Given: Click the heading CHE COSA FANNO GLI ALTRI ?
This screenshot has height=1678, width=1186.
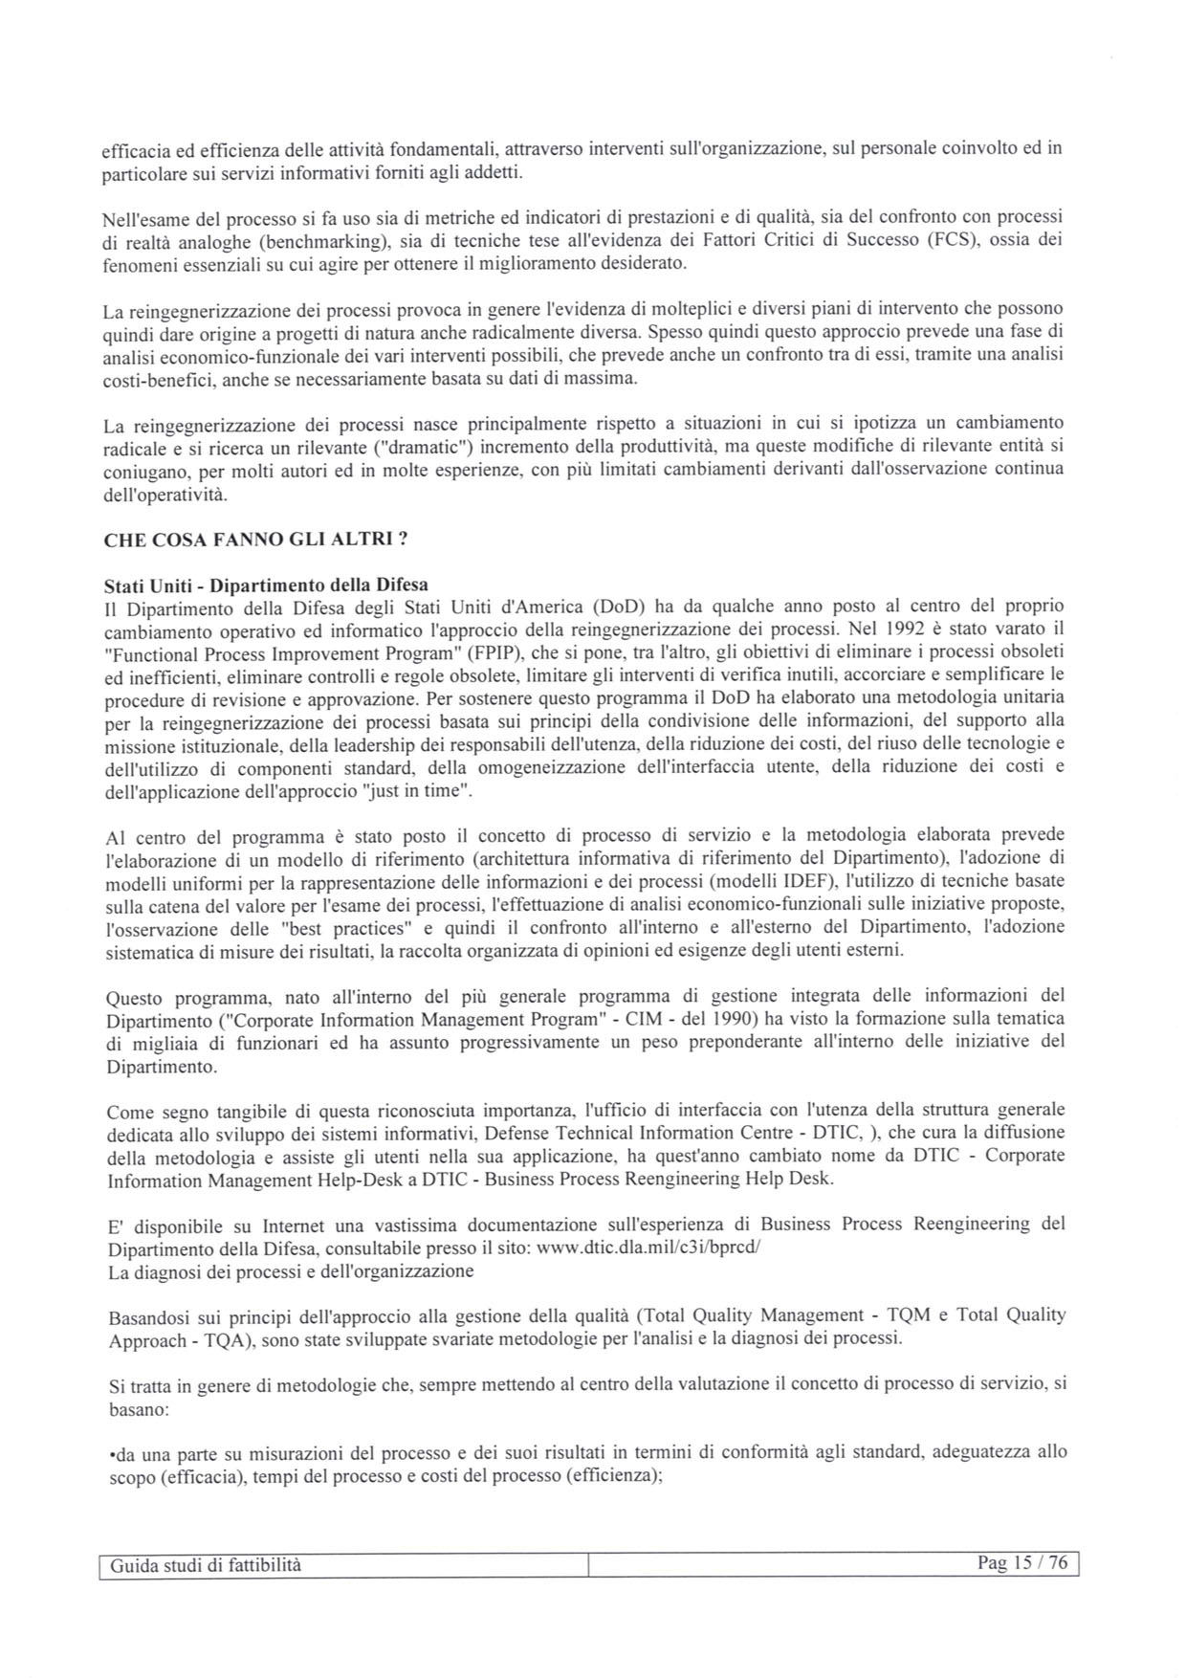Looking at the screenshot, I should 255,540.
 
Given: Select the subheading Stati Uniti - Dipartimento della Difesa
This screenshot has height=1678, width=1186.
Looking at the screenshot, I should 266,585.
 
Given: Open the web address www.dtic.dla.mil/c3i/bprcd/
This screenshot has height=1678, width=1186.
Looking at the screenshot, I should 648,1248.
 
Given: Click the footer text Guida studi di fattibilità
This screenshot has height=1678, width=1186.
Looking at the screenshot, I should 206,1565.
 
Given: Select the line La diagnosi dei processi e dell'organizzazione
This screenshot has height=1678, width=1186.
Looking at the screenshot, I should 291,1271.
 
